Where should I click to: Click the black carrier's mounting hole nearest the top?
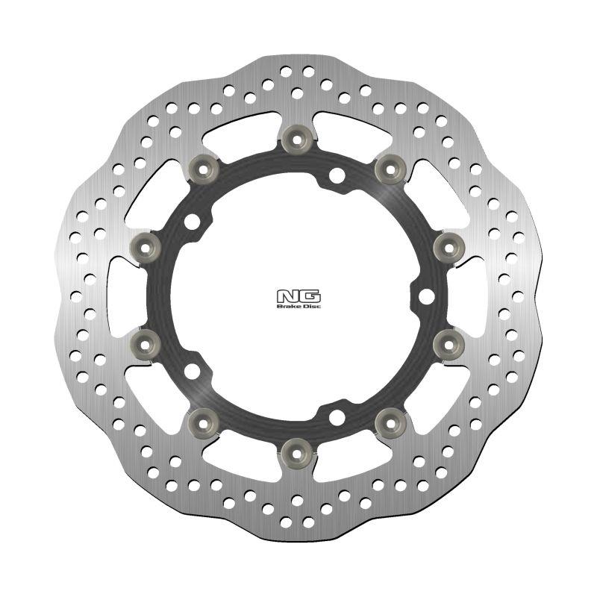tap(337, 176)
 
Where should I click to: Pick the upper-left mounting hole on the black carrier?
tap(193, 222)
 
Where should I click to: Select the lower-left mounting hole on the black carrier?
tap(193, 371)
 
